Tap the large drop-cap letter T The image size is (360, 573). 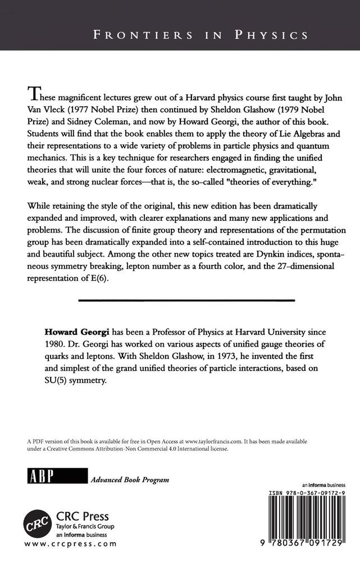tap(34, 93)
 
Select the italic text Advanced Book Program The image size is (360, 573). tap(129, 480)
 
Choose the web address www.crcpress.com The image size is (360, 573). tap(71, 544)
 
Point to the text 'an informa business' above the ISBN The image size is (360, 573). tap(323, 484)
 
